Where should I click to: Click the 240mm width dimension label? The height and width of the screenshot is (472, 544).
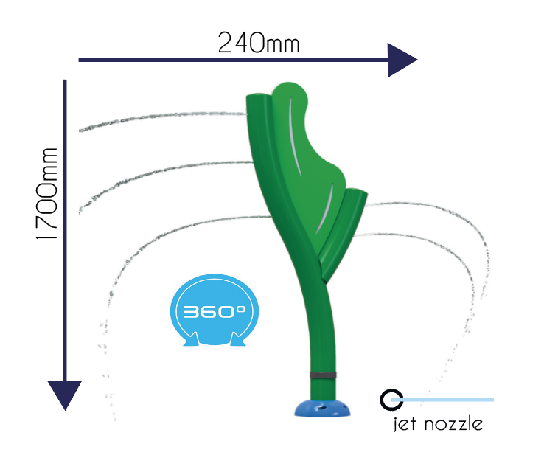259,43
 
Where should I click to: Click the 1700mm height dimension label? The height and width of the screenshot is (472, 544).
47,194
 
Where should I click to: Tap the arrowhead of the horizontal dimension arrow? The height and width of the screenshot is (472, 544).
402,60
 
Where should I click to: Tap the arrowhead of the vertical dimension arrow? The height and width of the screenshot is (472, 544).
65,395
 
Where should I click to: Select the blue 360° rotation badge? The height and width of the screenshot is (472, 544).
215,310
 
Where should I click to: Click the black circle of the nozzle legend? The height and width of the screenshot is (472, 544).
391,400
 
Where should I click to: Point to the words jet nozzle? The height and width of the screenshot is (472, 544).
438,424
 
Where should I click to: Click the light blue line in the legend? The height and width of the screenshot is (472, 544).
443,400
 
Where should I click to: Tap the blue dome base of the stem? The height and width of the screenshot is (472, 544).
322,408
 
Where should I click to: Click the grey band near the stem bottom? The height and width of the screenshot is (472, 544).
323,375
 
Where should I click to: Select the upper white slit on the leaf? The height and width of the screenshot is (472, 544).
295,137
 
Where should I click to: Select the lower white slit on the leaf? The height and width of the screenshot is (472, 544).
324,209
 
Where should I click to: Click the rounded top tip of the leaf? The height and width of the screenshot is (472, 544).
289,83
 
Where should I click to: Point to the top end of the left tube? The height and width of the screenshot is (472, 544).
257,96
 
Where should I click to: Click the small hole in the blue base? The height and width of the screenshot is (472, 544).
322,408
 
